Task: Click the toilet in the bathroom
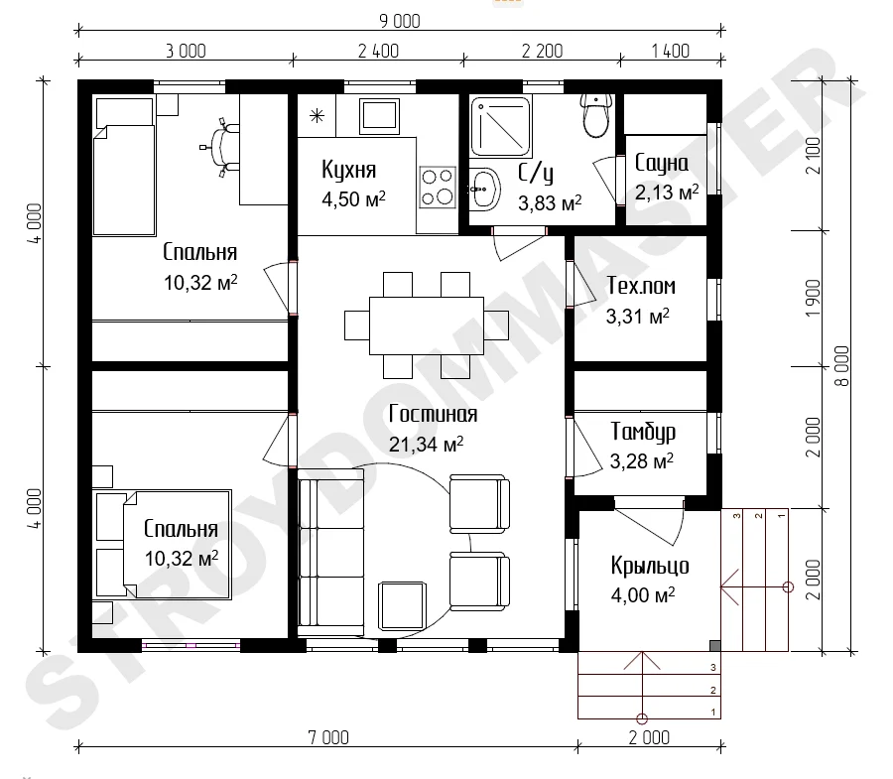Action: click(597, 115)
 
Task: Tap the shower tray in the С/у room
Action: click(500, 126)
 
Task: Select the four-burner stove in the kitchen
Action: click(438, 187)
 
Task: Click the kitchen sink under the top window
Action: click(378, 115)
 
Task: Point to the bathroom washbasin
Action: click(484, 190)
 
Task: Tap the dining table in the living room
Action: click(427, 325)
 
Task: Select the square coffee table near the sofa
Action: click(403, 605)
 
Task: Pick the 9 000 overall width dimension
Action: click(400, 21)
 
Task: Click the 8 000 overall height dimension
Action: click(841, 366)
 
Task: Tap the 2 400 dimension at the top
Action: click(378, 52)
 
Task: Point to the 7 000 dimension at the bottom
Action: click(328, 737)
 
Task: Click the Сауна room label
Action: click(661, 164)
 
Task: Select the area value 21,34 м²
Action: click(426, 445)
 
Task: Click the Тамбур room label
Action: click(643, 432)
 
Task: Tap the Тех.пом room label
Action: click(641, 286)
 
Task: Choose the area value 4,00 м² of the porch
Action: click(643, 595)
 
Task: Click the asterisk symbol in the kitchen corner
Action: click(317, 116)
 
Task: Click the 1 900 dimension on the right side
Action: click(814, 299)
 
